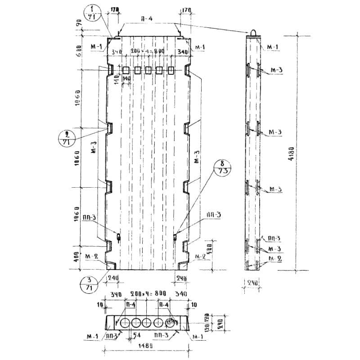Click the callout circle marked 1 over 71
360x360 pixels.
92,13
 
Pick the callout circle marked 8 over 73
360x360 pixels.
224,167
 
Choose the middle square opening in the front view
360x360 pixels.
148,70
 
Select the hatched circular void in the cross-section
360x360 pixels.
171,323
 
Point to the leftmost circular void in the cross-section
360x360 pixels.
122,323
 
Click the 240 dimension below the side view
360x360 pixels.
252,283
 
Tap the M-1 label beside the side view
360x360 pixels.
273,47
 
